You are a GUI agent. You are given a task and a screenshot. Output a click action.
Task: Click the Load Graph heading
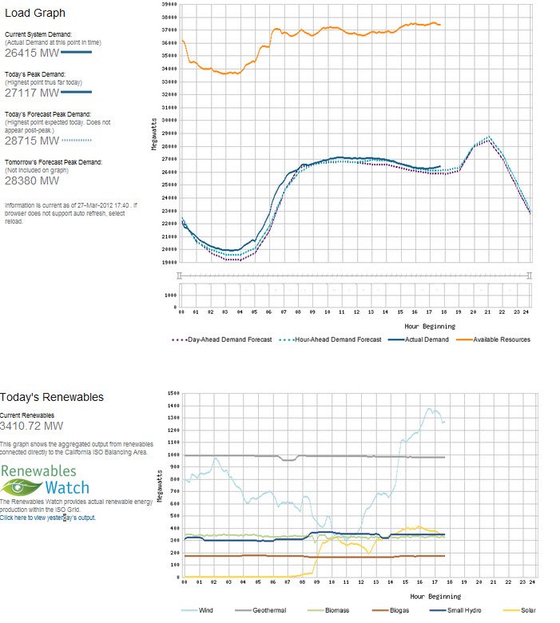tap(35, 13)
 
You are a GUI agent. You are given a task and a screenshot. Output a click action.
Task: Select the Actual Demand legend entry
tap(423, 339)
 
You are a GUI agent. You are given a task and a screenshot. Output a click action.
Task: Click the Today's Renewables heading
tap(52, 397)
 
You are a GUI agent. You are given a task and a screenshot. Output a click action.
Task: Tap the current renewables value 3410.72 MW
tap(33, 426)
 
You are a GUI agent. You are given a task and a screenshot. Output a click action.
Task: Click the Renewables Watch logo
tap(45, 479)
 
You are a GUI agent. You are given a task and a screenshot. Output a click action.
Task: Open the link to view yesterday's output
tap(47, 518)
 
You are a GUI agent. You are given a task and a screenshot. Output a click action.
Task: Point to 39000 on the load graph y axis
tap(169, 4)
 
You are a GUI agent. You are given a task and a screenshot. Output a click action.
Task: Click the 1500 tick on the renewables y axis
tap(173, 394)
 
